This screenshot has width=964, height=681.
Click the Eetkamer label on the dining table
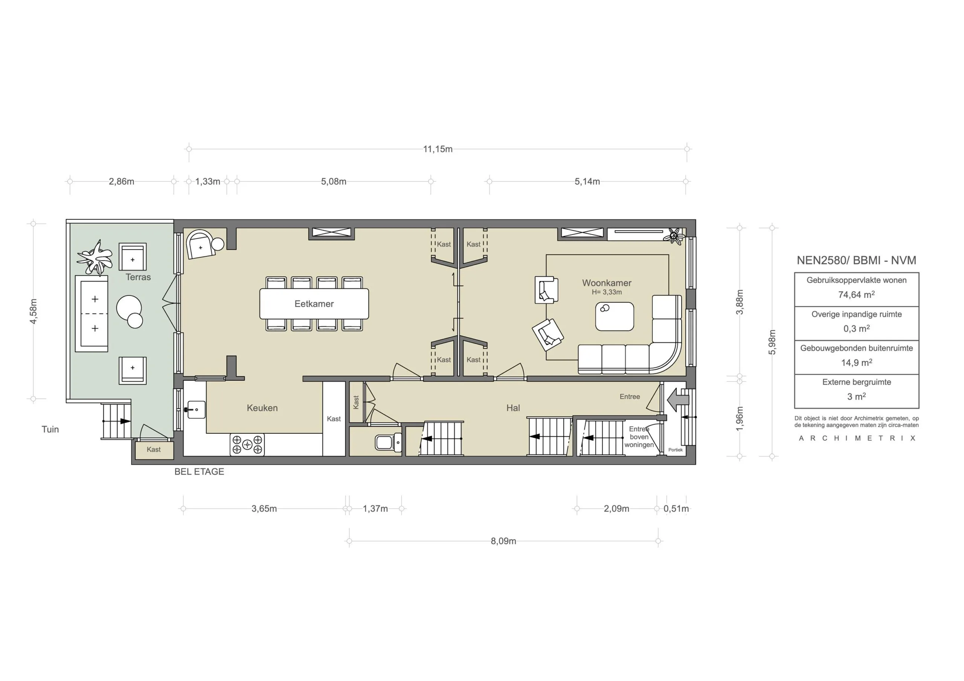coord(314,304)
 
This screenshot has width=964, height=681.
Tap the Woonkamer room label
coord(606,283)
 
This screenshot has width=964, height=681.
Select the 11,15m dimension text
coord(438,149)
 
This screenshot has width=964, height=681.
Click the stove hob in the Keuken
coord(247,445)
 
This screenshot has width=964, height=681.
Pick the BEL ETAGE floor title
coord(199,472)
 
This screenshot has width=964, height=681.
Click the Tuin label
coord(50,429)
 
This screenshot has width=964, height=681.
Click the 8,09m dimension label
coord(503,541)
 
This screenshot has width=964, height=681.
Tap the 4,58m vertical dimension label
coord(34,311)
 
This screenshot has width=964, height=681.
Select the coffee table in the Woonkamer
coord(614,317)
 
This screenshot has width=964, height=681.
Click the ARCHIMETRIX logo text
coord(857,438)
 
